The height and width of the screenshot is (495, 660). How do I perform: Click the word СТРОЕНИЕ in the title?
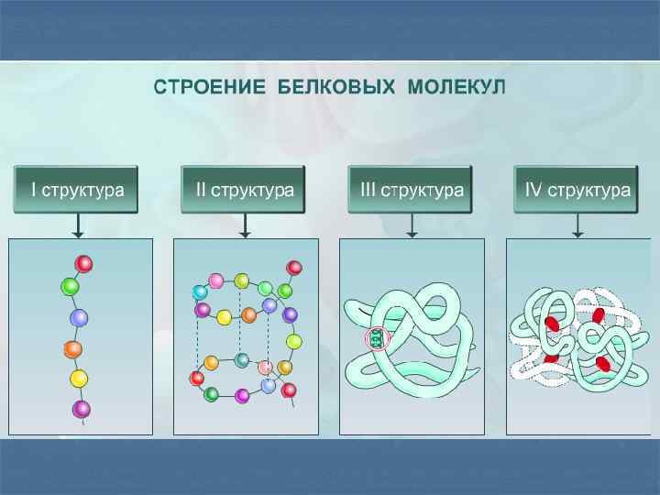203,88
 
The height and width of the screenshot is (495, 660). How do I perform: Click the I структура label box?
76,190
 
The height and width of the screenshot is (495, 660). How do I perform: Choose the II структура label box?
244,190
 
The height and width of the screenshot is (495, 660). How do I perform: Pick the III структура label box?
411,190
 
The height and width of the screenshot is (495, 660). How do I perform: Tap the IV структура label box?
577,190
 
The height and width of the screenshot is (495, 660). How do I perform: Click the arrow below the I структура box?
79,225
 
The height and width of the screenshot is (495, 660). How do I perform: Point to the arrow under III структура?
412,225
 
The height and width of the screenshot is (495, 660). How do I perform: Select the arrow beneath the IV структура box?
577,225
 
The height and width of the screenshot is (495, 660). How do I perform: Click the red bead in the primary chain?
83,264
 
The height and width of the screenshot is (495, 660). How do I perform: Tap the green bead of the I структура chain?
70,287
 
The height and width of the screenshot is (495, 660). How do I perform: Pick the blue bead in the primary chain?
80,318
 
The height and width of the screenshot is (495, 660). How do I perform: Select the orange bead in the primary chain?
73,349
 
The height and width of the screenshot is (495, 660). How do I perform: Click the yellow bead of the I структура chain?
79,379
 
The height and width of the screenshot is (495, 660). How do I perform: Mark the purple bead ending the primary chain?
82,409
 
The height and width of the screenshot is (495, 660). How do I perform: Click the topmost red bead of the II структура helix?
294,268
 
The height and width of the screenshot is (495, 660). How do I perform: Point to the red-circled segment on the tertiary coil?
377,338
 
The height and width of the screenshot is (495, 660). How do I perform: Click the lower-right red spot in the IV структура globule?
602,364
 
